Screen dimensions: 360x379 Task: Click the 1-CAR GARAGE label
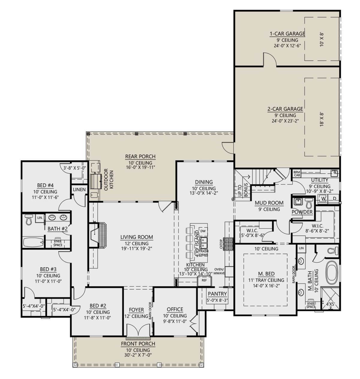coord(287,34)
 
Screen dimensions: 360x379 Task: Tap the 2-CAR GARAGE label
coord(285,109)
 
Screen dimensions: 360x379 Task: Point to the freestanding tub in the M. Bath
coord(332,273)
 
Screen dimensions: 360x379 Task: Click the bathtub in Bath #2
coord(33,242)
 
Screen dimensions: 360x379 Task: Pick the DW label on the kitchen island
coord(203,231)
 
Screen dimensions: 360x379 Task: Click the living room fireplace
coord(97,235)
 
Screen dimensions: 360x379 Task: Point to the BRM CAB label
coord(297,174)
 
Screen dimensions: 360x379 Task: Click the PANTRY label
coord(217,294)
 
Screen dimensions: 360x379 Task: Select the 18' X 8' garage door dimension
coord(322,119)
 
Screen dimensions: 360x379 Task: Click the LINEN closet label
coord(79,189)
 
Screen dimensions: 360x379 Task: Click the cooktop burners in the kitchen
coord(228,244)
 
